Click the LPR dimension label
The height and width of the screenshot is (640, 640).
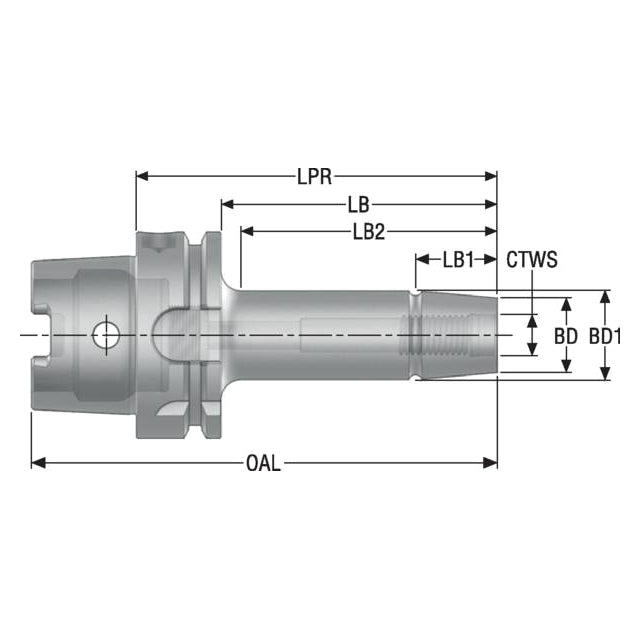[x=314, y=178]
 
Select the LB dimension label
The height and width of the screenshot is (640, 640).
[x=358, y=205]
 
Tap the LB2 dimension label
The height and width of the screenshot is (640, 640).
[x=369, y=232]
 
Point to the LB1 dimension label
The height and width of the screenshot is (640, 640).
[x=458, y=260]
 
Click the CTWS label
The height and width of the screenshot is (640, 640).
[x=532, y=260]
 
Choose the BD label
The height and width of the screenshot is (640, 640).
[x=566, y=337]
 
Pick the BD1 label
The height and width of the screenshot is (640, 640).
[x=605, y=337]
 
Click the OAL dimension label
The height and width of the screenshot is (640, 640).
[x=263, y=464]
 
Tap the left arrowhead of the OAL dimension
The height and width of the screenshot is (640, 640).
[x=38, y=463]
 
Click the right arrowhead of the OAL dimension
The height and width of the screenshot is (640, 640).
[x=490, y=463]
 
